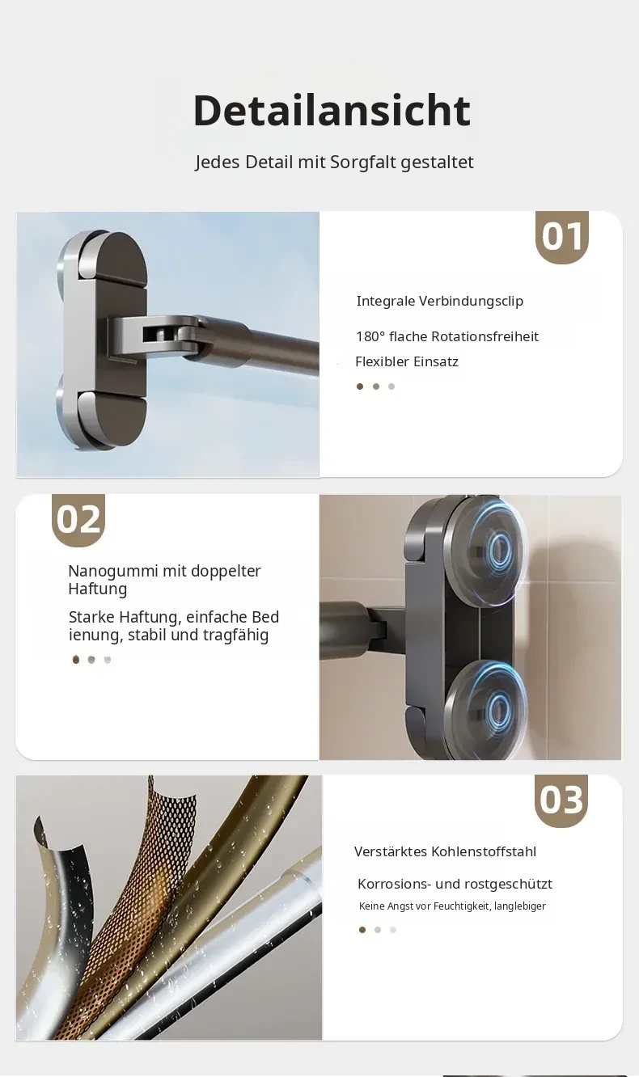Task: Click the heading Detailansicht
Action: click(x=332, y=111)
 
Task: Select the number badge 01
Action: click(x=562, y=237)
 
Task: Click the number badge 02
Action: click(x=78, y=520)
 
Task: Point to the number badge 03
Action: click(x=561, y=800)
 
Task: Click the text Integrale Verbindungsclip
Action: click(x=439, y=302)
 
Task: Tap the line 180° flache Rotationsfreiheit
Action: click(x=447, y=336)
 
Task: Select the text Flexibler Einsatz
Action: click(x=407, y=361)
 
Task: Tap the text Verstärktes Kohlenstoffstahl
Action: click(x=445, y=851)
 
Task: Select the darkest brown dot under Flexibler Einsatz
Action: click(x=360, y=386)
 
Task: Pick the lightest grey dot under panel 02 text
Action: click(x=108, y=660)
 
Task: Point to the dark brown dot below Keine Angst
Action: click(x=362, y=930)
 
